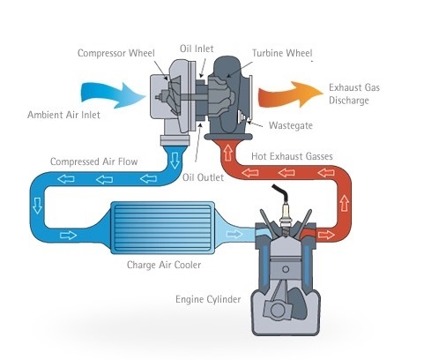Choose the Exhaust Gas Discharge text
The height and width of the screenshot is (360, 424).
click(357, 95)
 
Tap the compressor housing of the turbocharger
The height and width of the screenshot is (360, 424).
click(172, 97)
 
